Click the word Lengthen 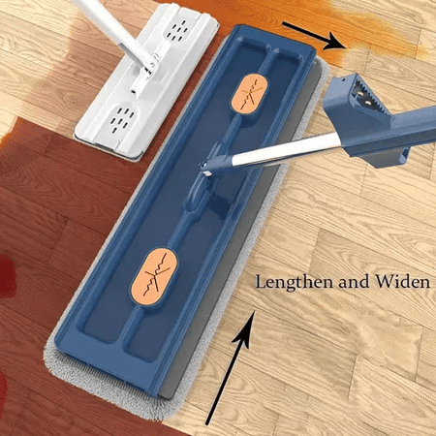295,282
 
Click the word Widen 402,282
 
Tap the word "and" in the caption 354,282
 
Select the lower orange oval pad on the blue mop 154,277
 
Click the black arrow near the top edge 314,36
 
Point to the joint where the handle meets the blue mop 210,163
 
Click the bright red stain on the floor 7,274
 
